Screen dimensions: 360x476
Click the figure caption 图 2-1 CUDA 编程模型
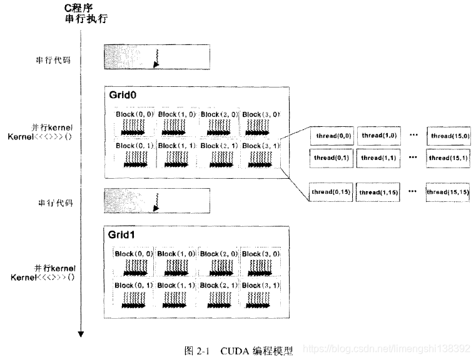238,350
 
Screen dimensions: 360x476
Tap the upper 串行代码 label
53,60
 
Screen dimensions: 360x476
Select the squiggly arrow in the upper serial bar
157,58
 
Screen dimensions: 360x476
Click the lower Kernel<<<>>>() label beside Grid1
42,277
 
